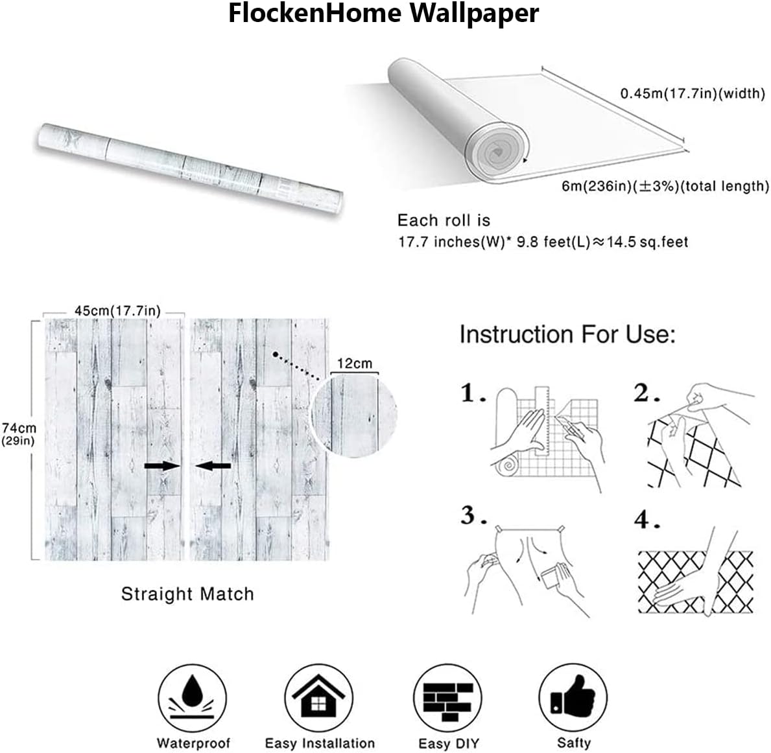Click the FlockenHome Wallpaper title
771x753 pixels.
pos(383,14)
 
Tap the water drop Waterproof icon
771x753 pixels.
pos(192,699)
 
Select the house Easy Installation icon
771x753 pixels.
pos(318,699)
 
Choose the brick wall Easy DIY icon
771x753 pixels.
pos(447,699)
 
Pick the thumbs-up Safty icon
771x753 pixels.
pos(573,699)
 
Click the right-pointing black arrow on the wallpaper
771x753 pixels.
pos(163,466)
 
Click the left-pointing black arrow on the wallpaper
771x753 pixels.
pos(213,466)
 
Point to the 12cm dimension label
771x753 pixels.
pos(355,364)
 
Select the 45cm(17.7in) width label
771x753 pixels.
pos(117,310)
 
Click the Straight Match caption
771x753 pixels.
pos(187,594)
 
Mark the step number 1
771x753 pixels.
pos(473,394)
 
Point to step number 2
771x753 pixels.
pos(646,394)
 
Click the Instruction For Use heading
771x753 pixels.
pos(567,334)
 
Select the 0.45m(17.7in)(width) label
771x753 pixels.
pos(693,93)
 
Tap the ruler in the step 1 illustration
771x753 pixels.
pos(541,421)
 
